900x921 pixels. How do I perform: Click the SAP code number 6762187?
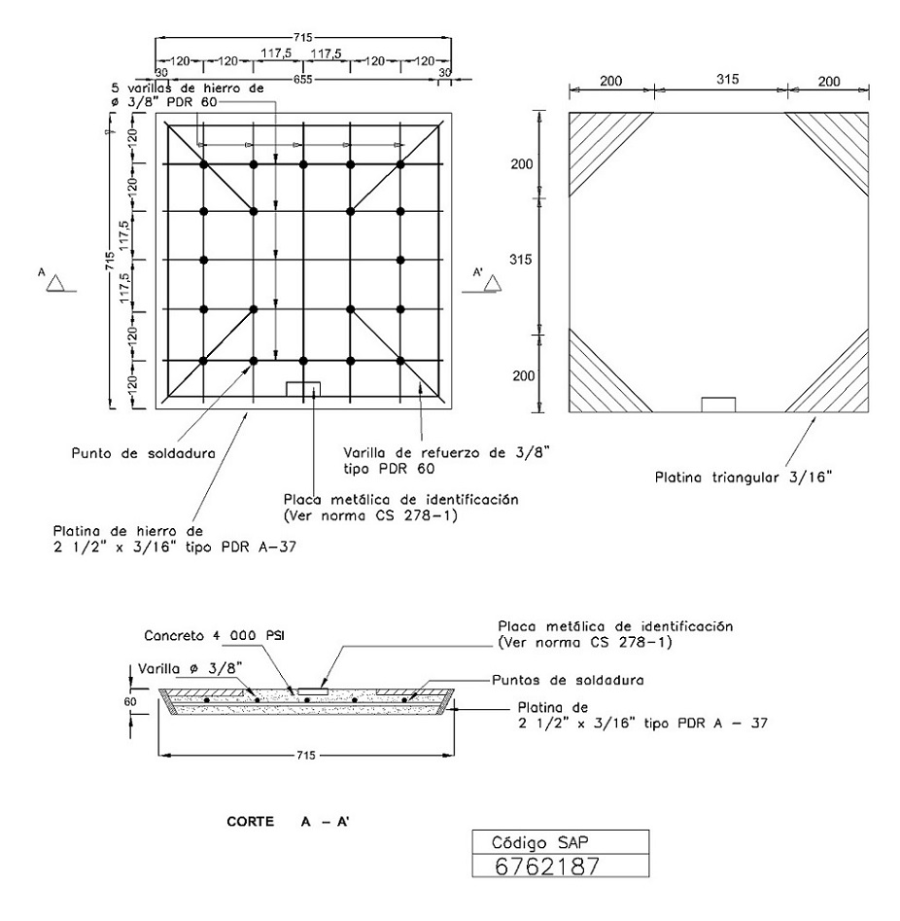547,866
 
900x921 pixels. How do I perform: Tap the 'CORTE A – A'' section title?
288,821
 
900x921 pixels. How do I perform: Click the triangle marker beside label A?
56,283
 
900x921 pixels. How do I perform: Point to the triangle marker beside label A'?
493,283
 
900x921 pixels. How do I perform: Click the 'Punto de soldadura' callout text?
143,453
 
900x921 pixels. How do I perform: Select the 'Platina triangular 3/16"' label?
744,477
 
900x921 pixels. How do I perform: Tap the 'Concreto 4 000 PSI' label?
214,635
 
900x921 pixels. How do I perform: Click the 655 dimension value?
303,80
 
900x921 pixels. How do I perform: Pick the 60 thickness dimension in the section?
129,701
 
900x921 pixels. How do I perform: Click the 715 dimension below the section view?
306,755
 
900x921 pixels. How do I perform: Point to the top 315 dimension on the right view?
727,80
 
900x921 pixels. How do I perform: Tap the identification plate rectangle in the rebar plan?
303,389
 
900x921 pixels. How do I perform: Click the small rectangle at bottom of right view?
718,405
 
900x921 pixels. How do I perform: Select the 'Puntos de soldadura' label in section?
568,680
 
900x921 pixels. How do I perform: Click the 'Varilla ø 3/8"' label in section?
190,669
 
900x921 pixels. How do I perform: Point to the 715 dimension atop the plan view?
303,38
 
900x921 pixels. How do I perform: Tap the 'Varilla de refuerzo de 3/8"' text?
447,453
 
